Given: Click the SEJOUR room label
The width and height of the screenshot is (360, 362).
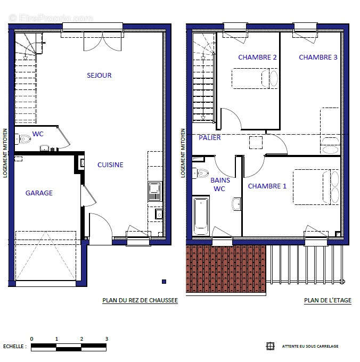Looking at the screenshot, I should [x=99, y=76].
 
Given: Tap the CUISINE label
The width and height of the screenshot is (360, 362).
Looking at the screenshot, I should [x=110, y=165].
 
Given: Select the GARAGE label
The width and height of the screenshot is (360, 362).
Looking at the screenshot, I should [x=39, y=193].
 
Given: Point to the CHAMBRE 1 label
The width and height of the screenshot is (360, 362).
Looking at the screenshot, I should [x=267, y=186].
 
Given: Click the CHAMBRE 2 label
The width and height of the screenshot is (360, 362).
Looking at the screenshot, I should [x=257, y=57].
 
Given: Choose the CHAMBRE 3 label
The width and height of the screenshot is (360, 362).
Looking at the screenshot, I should [x=318, y=57].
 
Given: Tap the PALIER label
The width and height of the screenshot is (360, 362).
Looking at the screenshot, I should [x=210, y=137].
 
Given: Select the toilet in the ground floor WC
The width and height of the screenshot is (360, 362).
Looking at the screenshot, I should [x=24, y=139].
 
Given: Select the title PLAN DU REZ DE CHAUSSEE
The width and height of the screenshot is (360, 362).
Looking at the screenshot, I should [x=140, y=300].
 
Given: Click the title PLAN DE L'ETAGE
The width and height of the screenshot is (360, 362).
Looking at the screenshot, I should [x=328, y=300].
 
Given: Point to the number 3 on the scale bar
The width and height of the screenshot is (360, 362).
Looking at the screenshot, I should [x=107, y=339].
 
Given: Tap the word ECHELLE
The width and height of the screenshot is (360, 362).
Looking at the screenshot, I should [x=14, y=347].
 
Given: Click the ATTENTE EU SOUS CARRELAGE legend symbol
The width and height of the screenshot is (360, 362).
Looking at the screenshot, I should [x=270, y=346].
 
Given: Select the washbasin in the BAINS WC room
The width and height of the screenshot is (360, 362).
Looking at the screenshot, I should [x=237, y=204].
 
